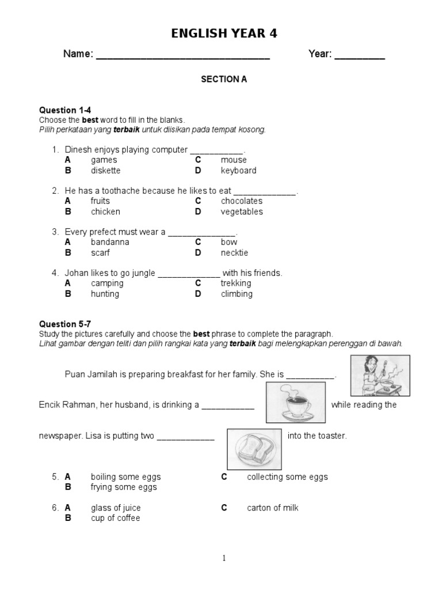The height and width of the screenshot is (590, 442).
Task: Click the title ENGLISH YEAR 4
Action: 224,34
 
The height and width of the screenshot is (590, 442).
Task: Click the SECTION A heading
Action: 224,80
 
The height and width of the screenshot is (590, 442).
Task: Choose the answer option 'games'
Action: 104,160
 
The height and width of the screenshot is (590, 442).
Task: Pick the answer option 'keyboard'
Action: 238,171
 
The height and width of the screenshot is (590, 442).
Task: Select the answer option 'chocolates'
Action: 241,201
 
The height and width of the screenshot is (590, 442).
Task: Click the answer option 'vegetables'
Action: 241,211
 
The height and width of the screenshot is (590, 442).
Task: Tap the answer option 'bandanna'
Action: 110,242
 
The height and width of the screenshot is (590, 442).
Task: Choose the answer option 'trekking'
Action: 236,283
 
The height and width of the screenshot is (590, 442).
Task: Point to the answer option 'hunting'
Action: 105,294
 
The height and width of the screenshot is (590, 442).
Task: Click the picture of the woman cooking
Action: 380,376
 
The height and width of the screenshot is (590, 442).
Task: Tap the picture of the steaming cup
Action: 296,403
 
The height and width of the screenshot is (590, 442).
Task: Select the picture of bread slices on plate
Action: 254,448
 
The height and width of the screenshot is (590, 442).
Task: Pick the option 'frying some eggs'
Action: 123,487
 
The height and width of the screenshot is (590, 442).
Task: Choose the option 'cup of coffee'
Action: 115,518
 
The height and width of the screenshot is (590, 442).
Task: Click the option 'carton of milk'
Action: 272,508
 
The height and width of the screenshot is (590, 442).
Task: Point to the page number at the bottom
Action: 224,558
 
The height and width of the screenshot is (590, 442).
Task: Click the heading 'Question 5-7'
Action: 65,324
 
